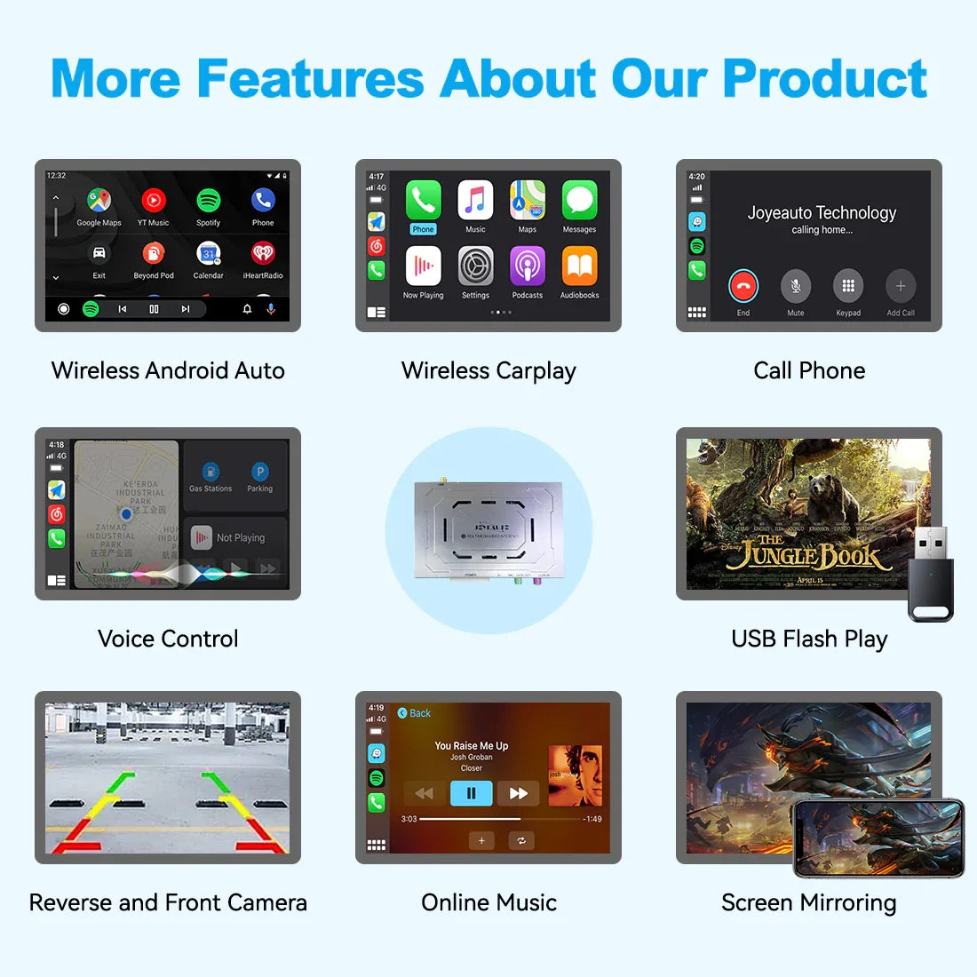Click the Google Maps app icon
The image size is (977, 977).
click(99, 201)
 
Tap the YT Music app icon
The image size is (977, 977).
click(153, 201)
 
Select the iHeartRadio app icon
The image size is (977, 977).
click(263, 253)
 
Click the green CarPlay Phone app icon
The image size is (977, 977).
click(423, 201)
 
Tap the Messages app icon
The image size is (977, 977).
click(579, 201)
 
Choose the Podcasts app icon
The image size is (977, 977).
click(527, 266)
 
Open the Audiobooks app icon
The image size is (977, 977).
click(579, 266)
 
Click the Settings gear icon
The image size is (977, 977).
click(475, 266)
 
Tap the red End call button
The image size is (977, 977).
click(743, 286)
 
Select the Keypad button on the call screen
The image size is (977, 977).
click(848, 286)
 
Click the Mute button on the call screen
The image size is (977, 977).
click(796, 286)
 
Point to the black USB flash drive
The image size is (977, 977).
click(930, 573)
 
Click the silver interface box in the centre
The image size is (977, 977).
click(488, 530)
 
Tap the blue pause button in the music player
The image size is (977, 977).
click(472, 793)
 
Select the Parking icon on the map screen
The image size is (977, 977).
click(259, 473)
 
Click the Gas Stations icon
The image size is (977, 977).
click(210, 473)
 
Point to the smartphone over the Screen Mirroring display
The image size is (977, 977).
click(878, 837)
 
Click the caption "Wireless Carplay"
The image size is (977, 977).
click(488, 370)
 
